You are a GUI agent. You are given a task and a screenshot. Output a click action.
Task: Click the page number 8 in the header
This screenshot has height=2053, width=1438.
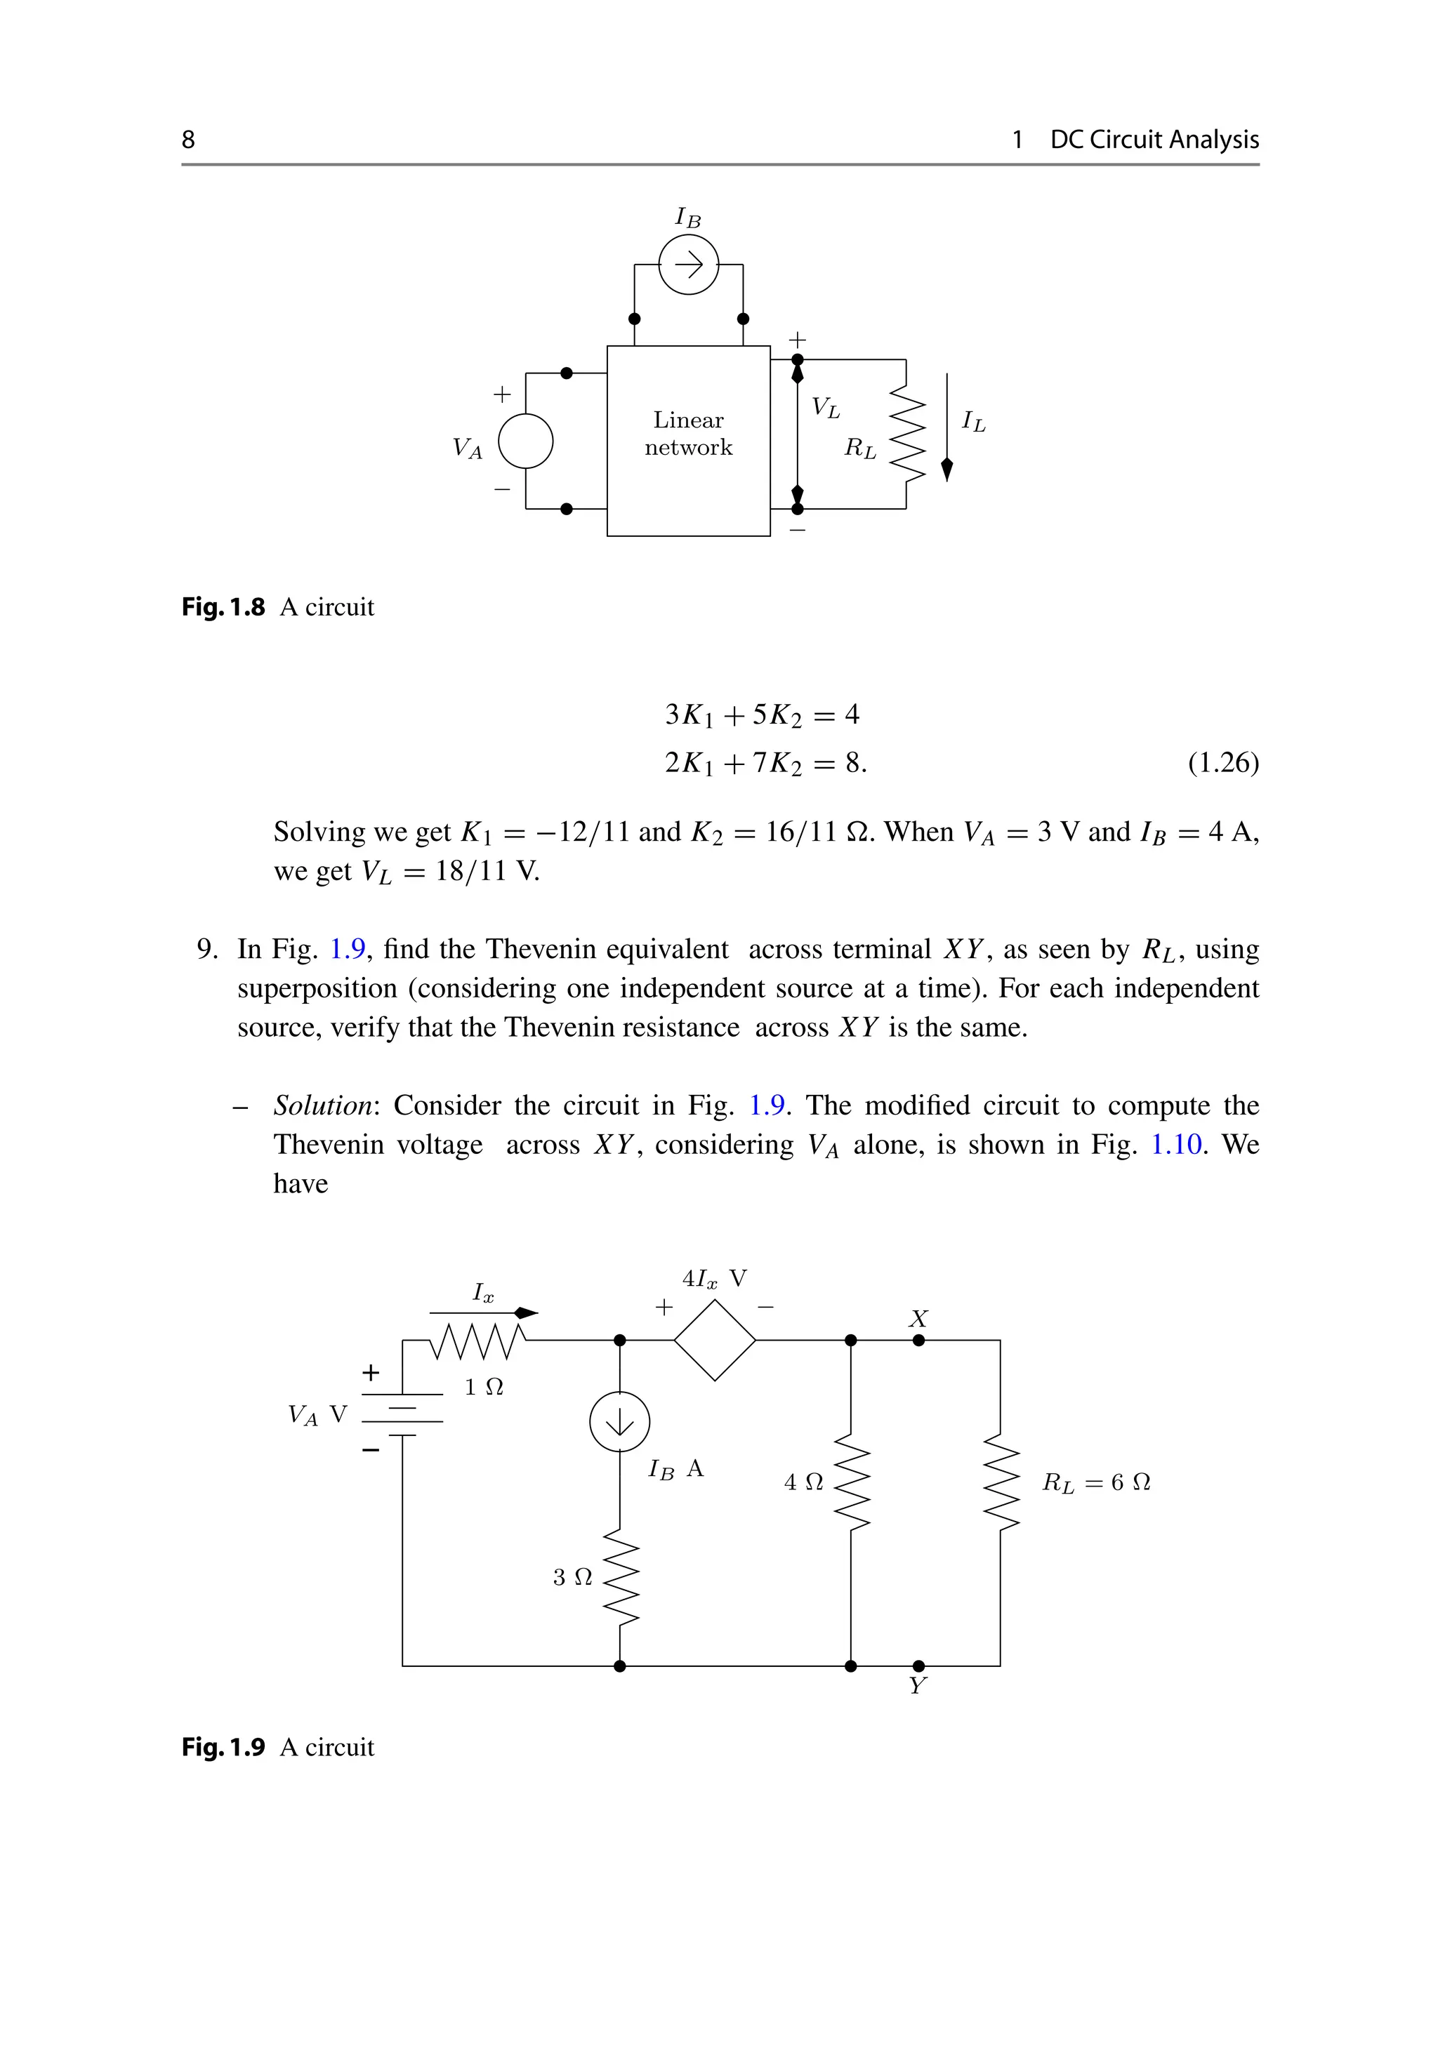187,140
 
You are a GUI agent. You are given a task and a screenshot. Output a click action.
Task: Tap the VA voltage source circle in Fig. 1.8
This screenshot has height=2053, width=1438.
525,441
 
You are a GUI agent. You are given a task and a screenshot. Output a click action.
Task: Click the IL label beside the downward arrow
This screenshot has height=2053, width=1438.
973,421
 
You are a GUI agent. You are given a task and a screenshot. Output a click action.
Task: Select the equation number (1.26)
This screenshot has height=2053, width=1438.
1222,763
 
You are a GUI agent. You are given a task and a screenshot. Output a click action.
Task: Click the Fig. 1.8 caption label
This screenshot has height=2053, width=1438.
223,607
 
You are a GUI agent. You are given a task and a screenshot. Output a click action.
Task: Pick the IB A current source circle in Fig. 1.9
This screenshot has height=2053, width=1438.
620,1422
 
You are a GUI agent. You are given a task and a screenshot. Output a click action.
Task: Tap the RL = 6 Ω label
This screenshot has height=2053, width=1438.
1095,1482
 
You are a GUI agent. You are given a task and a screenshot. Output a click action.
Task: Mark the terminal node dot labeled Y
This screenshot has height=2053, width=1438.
918,1666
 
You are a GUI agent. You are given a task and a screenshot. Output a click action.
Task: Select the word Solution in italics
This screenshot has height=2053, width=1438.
323,1106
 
